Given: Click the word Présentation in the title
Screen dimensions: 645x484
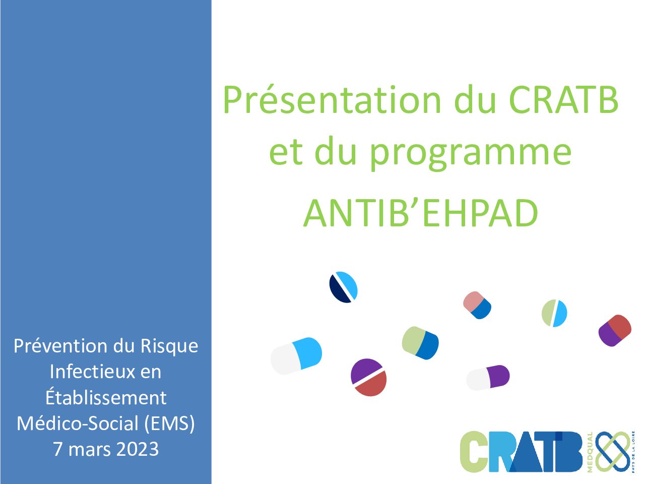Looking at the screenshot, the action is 332,100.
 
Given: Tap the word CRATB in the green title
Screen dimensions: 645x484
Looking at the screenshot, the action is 563,100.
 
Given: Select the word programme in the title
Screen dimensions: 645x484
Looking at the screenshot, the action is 471,153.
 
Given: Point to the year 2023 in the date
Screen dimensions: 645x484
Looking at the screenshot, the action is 138,449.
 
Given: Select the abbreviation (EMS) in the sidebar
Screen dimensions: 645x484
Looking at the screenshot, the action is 169,424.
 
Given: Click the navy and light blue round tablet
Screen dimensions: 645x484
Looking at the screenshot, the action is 343,287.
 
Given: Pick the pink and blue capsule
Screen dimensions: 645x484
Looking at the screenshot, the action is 477,305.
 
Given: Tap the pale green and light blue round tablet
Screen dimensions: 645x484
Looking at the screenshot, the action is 554,313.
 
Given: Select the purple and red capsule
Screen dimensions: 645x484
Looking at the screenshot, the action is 615,331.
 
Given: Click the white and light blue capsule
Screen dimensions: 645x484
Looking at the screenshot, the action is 296,356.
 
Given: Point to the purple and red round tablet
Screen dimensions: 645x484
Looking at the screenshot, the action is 368,377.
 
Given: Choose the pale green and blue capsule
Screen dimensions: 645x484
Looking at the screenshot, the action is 420,343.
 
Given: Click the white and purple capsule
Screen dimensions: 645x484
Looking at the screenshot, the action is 488,378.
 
